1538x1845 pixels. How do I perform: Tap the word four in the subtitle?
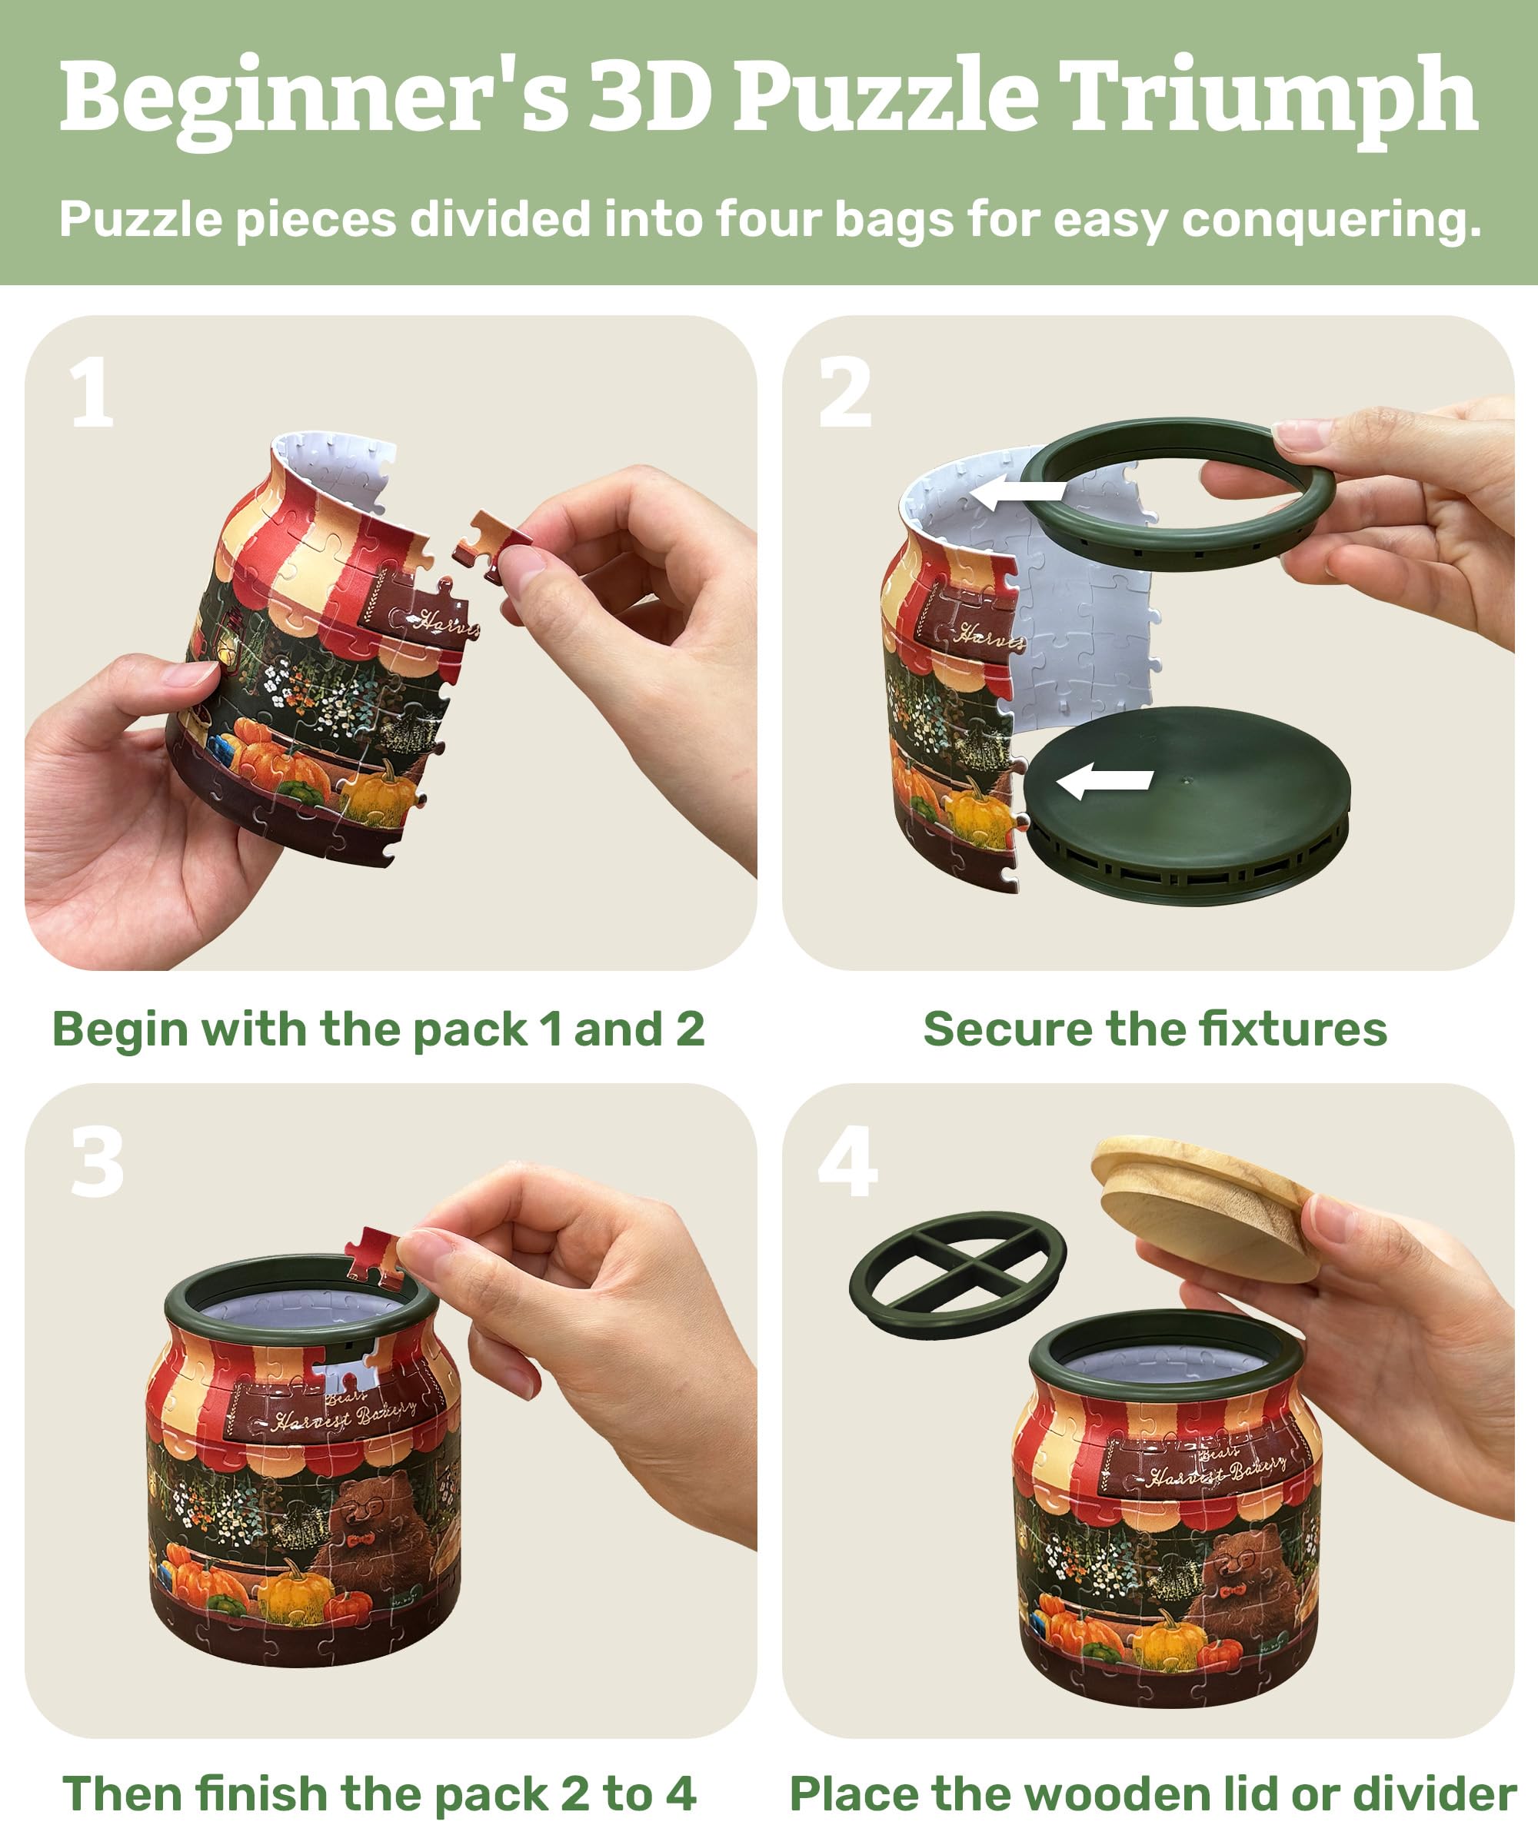tap(768, 219)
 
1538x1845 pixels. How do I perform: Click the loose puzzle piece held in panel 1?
tap(490, 546)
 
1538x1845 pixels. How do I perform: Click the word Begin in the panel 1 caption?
tap(119, 1029)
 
